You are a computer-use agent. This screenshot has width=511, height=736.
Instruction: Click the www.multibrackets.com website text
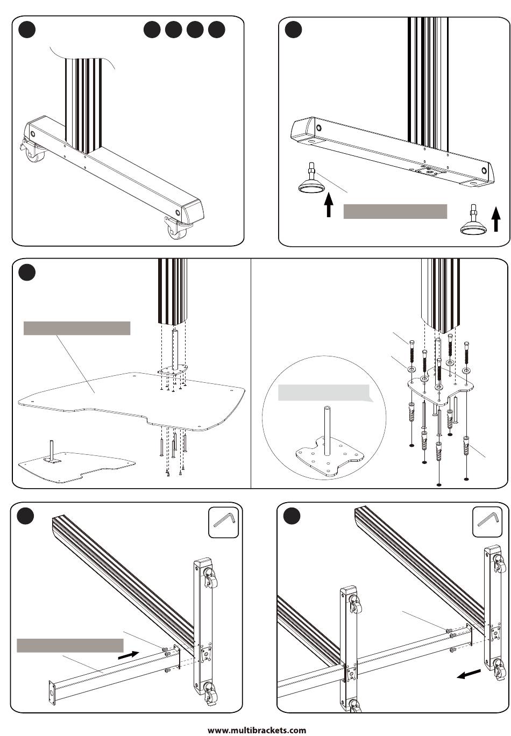tap(257, 730)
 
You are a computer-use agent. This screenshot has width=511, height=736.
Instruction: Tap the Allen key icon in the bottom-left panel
tap(224, 521)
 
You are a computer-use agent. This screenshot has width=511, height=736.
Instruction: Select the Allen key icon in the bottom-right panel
tap(487, 521)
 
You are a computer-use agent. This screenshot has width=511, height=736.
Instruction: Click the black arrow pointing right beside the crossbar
tap(129, 655)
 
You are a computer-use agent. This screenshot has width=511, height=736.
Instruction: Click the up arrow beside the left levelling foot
tap(329, 205)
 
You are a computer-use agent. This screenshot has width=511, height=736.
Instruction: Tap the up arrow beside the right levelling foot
tap(496, 219)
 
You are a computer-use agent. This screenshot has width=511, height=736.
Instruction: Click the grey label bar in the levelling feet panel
tap(395, 211)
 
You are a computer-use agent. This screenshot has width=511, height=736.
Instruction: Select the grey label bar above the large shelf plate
tap(77, 328)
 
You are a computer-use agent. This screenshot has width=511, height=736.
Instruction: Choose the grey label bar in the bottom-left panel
tap(70, 645)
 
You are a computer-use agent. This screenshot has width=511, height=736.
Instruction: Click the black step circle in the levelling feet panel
tap(293, 29)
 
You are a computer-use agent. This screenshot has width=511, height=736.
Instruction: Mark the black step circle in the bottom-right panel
tap(293, 516)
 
